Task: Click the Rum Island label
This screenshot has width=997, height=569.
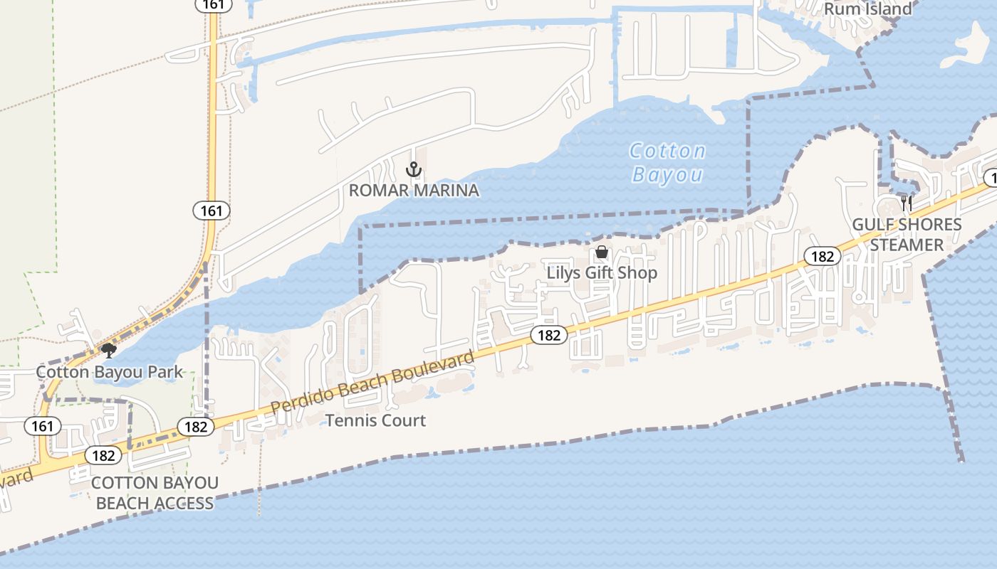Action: tap(867, 9)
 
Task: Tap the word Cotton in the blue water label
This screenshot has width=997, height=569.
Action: tap(667, 151)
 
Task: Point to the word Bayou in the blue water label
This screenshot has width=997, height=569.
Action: tap(667, 175)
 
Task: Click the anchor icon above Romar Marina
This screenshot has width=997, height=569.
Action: tap(413, 169)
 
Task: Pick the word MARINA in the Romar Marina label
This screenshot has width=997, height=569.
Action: tap(449, 191)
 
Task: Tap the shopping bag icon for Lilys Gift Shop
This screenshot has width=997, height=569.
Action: tap(602, 252)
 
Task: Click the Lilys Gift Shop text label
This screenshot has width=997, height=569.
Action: tap(602, 273)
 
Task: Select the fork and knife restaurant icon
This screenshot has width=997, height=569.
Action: tap(907, 203)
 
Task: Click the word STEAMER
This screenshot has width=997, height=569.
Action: tap(907, 245)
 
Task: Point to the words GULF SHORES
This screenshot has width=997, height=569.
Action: tap(907, 225)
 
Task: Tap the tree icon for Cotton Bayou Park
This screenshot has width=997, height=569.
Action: tap(108, 350)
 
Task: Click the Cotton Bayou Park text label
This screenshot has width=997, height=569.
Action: tap(110, 372)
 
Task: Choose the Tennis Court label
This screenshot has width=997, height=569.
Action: tap(375, 420)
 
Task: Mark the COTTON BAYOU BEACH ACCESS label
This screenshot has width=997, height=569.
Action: tap(155, 493)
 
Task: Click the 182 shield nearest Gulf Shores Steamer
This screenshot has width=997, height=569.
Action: tap(823, 256)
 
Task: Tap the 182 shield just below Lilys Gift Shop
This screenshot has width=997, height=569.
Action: tap(549, 334)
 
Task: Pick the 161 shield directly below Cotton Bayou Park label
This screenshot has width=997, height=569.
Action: tap(43, 426)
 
